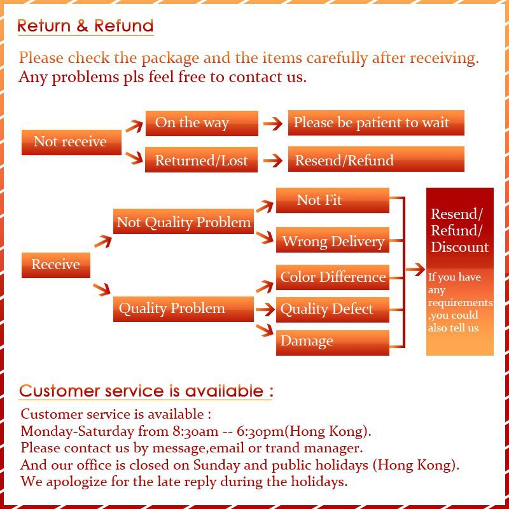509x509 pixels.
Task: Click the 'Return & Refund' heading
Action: (85, 26)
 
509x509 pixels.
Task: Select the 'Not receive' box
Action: (71, 142)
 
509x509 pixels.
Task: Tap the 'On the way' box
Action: (202, 123)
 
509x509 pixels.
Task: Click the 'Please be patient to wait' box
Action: (375, 123)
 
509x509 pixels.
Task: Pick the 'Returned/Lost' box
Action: (202, 160)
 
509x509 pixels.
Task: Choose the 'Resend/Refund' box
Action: (375, 160)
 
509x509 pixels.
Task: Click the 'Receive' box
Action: (56, 265)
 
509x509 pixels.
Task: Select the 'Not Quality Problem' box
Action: (183, 223)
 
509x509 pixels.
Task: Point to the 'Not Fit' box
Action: (332, 200)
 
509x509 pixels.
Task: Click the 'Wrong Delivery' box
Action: (332, 241)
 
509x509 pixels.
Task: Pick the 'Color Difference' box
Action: (332, 277)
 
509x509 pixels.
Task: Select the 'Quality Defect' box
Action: (332, 310)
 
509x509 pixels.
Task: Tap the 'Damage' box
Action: (332, 342)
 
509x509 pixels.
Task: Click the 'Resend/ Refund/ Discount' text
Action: (459, 230)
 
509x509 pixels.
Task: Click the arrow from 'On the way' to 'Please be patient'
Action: (273, 123)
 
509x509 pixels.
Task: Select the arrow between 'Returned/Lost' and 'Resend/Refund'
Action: (273, 160)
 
